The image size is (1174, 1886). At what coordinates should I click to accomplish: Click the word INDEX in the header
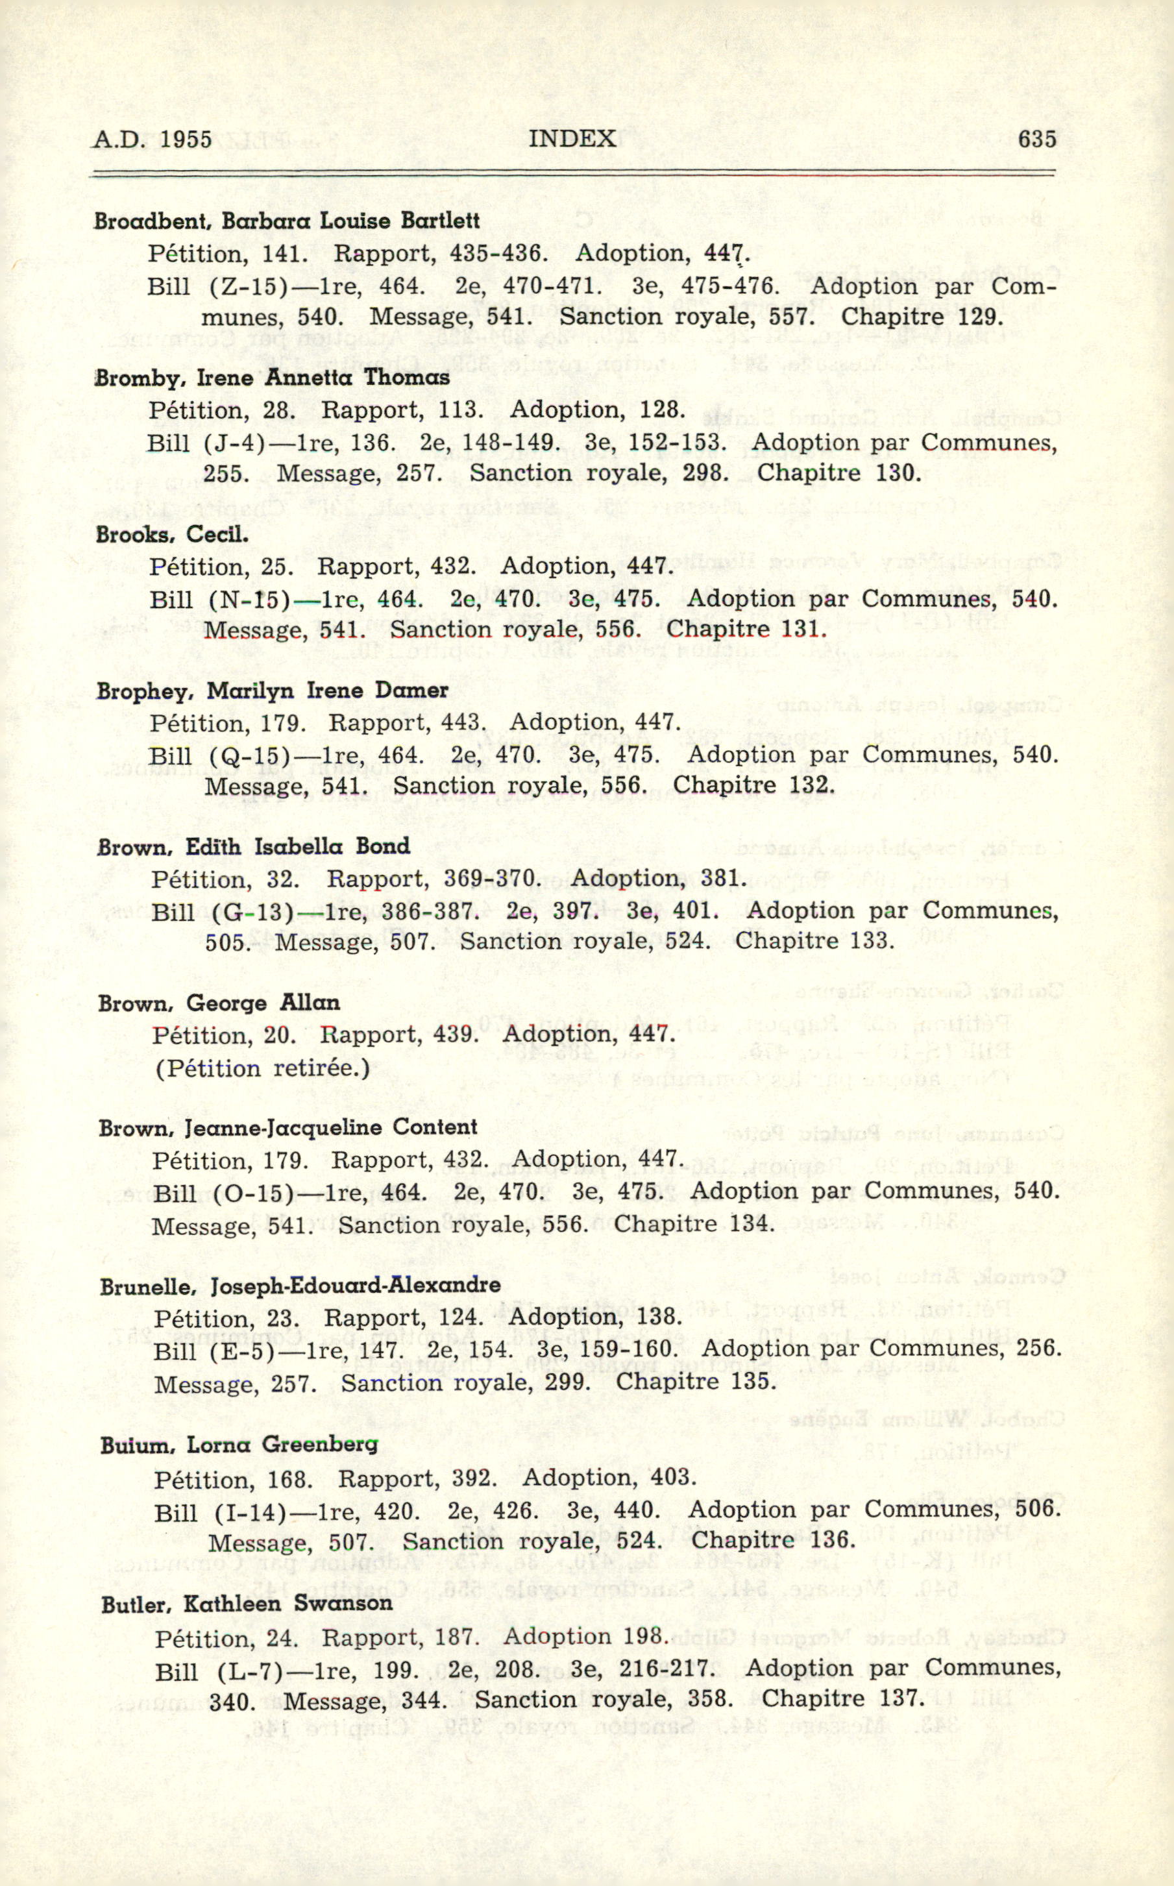[572, 139]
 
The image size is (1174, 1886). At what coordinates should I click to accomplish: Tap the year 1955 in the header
[187, 139]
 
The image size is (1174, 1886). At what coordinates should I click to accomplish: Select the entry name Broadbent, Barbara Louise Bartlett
[286, 221]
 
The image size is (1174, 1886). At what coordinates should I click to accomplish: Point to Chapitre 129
[922, 317]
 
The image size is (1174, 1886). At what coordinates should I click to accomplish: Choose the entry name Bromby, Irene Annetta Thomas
[273, 378]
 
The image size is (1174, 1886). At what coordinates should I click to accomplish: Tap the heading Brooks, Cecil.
[173, 535]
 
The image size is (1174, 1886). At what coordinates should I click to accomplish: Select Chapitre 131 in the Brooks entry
[747, 629]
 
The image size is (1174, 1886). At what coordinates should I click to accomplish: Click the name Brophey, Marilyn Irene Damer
[273, 691]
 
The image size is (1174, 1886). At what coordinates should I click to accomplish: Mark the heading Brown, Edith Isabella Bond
[254, 846]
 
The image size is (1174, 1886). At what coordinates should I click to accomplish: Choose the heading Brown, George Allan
[219, 1003]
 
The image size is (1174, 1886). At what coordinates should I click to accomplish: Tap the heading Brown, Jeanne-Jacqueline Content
[288, 1127]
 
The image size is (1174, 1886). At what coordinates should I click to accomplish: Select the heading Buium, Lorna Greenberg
[239, 1445]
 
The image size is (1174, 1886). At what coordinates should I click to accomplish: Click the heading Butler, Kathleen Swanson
[247, 1604]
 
